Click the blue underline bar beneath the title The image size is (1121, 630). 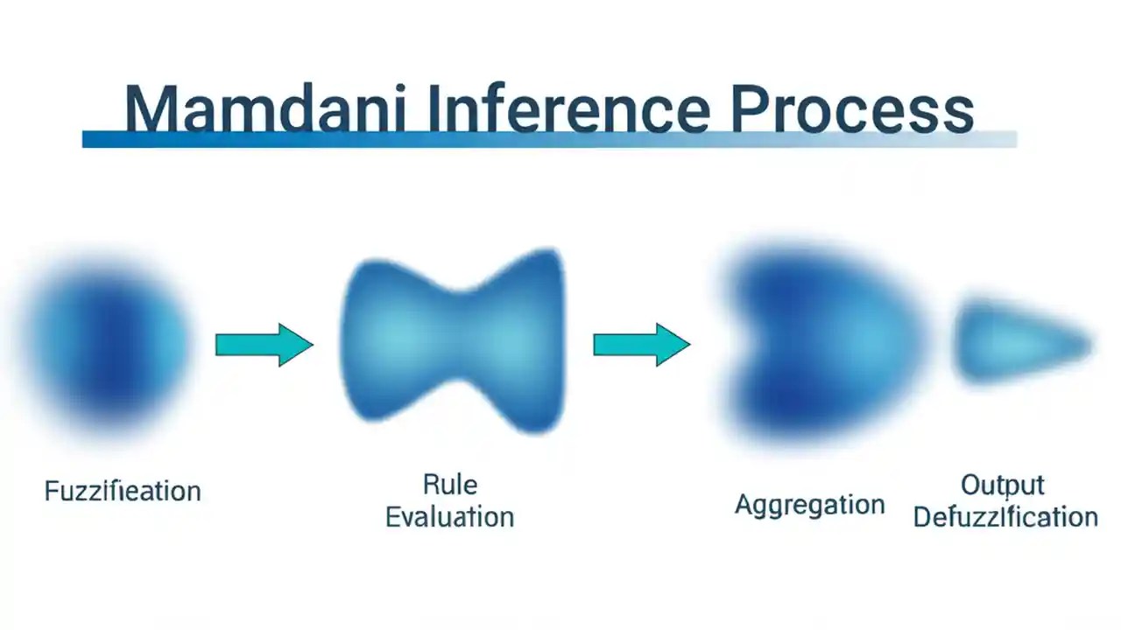[548, 139]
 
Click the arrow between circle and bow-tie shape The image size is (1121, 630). [264, 345]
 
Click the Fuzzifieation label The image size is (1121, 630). [123, 491]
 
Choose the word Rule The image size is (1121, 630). [449, 484]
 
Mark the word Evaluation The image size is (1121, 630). [449, 516]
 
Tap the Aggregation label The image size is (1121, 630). [809, 505]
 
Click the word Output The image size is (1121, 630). [1003, 485]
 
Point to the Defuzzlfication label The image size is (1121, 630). [1005, 516]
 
